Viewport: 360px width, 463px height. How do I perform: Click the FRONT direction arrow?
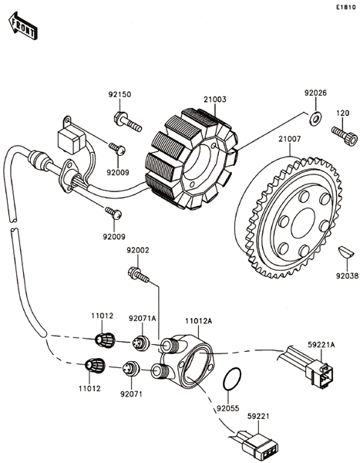(x=23, y=25)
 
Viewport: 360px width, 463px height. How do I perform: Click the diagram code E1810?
(x=345, y=8)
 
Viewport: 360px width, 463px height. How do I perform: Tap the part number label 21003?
(x=215, y=100)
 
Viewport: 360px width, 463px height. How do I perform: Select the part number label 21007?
(x=290, y=139)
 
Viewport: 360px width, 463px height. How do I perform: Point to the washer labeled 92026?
(x=315, y=117)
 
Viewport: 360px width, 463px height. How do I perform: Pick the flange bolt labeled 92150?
(x=127, y=121)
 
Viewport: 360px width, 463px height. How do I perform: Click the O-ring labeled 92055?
(x=232, y=379)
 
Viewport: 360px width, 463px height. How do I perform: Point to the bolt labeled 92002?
(x=139, y=274)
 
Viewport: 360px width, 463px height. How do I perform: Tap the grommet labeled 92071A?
(x=141, y=343)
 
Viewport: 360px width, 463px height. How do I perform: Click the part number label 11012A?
(x=199, y=321)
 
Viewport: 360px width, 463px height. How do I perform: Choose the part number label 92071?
(x=131, y=394)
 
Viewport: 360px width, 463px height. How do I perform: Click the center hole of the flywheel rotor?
(x=303, y=223)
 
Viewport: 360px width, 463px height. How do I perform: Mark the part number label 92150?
(x=119, y=95)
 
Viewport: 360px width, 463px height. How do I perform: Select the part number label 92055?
(x=228, y=408)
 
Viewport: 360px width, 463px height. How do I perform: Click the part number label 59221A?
(x=321, y=345)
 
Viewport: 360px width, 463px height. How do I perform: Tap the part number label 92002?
(x=138, y=250)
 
